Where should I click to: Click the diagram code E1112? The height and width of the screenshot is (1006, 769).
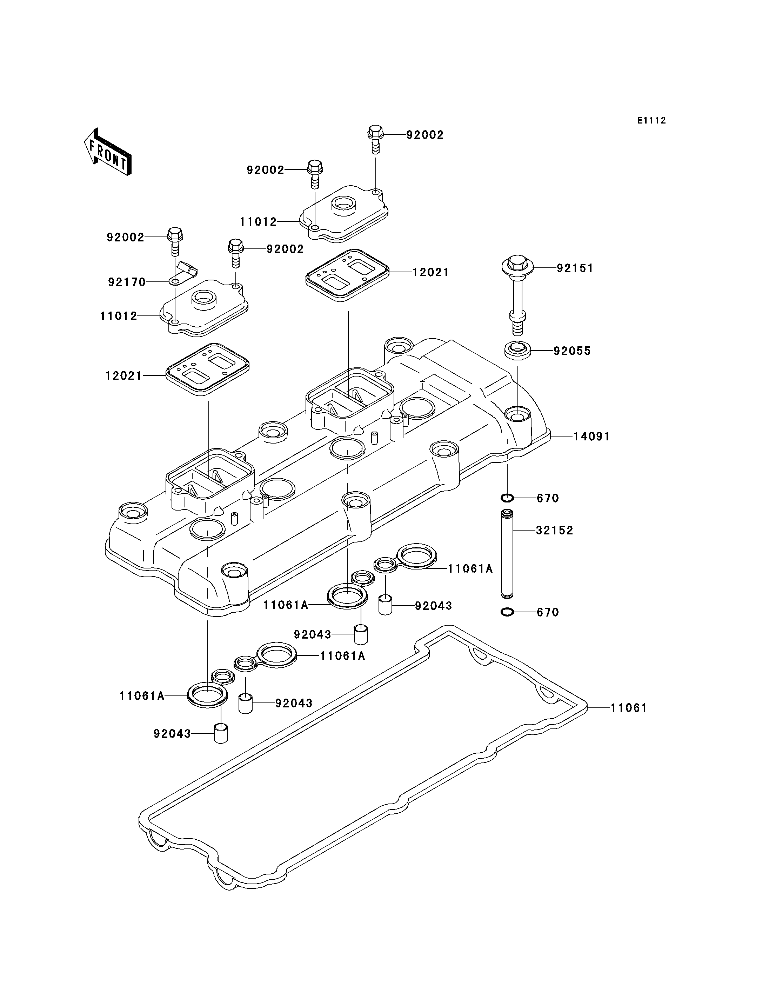click(652, 120)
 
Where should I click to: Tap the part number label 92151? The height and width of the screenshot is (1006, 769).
click(575, 268)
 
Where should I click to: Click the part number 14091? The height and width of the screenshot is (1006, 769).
click(592, 437)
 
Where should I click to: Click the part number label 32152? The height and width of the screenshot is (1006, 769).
click(555, 531)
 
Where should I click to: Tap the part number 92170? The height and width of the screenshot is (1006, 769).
click(127, 282)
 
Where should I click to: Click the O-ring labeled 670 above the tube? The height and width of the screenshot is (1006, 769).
click(507, 498)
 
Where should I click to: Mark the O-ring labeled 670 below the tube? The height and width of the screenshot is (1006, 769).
click(507, 612)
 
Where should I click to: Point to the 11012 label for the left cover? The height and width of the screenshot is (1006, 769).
click(119, 316)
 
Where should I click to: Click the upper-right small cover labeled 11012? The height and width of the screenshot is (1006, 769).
click(344, 213)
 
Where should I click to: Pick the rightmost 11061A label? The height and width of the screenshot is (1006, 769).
click(470, 569)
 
